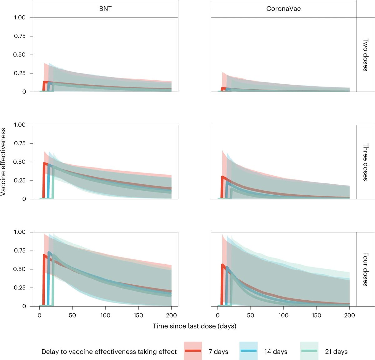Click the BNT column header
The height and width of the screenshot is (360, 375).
coord(105,9)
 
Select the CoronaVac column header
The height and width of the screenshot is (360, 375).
coord(283,9)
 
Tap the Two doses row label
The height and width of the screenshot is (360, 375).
coord(365,55)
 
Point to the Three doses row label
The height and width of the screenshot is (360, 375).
coord(365,162)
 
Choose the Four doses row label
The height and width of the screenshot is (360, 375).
coord(365,269)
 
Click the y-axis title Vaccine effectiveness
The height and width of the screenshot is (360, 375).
coord(3,162)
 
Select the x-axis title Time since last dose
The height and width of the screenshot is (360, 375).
coord(194,326)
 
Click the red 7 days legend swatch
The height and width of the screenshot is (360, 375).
coord(192,351)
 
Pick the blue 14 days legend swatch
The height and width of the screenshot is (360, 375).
coord(248,351)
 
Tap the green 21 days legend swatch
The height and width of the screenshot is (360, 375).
coord(309,351)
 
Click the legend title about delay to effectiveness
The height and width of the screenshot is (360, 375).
coord(109,352)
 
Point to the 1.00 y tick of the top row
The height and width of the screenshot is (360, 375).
coord(19,17)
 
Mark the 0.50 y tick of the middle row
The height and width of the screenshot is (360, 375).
coord(19,162)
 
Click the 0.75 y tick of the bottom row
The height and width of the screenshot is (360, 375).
coord(19,251)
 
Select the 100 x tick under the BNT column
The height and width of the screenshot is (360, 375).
coord(105,315)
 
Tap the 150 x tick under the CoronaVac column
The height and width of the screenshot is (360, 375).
coord(317,315)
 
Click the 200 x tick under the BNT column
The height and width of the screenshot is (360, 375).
coord(172,315)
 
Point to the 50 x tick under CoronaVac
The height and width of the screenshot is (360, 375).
coord(251,315)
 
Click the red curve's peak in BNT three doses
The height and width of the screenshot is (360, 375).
coord(45,163)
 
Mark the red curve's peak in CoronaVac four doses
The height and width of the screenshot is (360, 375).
coord(222,265)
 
